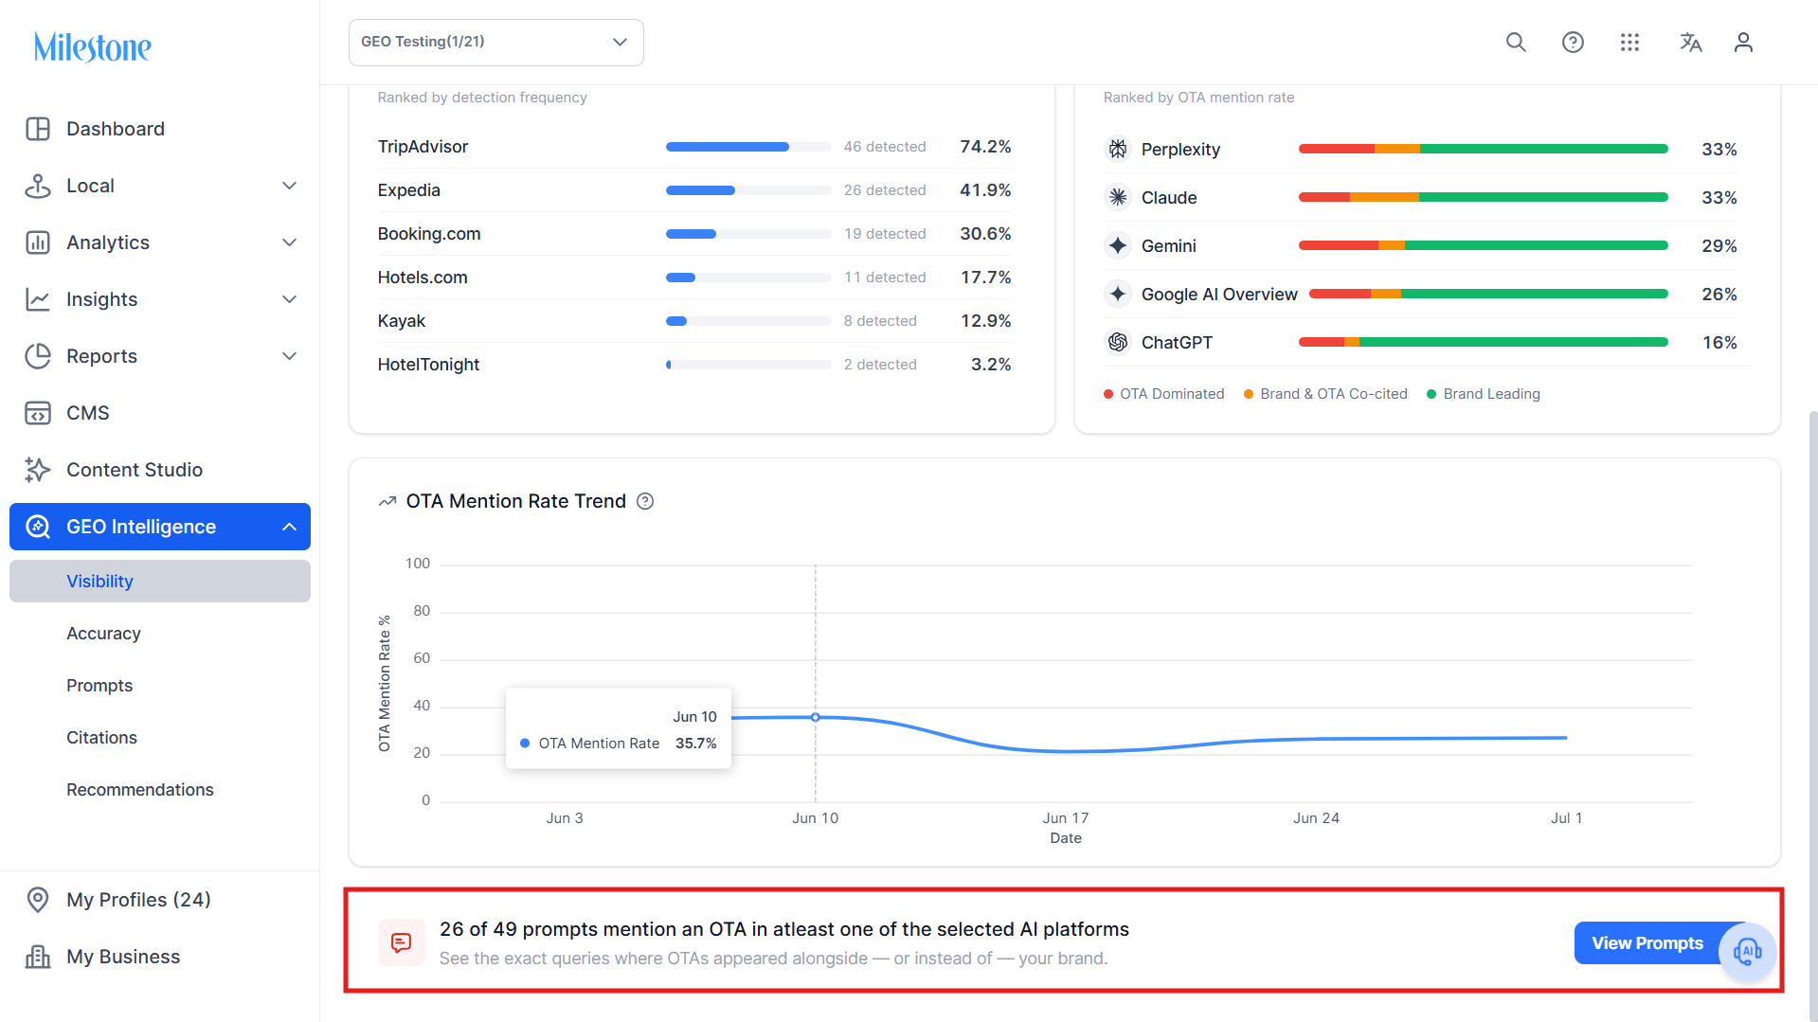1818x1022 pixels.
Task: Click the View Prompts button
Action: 1647,943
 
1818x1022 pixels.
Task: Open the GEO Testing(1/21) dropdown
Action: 496,43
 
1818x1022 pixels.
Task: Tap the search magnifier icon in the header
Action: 1516,43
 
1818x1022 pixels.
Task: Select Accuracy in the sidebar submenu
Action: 103,634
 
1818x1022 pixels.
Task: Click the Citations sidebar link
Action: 101,738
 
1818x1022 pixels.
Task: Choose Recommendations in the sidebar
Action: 140,790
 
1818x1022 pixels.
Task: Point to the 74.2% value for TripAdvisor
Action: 985,147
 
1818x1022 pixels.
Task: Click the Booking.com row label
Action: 429,234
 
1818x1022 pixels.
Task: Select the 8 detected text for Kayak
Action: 880,321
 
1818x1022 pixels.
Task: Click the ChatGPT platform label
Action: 1177,343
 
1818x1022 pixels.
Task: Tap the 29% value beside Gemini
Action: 1719,246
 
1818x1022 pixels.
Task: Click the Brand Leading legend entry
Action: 1484,394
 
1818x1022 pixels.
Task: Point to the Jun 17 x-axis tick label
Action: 1066,818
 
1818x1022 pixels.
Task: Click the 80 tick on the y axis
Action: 422,611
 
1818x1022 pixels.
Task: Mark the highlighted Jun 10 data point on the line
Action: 816,718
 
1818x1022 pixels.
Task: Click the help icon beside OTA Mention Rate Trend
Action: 645,501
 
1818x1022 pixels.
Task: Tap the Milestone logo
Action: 93,46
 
